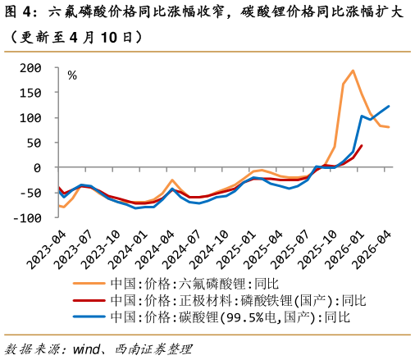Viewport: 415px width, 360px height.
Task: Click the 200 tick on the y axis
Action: [x=29, y=68]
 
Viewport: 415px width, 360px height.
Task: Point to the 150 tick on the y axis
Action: [x=29, y=93]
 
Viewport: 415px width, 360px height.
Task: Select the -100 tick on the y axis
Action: [x=25, y=218]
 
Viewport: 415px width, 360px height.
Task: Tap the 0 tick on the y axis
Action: [x=37, y=168]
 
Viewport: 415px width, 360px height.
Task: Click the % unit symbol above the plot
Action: [x=72, y=75]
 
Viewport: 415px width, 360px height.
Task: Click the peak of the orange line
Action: [x=353, y=71]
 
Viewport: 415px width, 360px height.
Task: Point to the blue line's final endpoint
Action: [x=389, y=106]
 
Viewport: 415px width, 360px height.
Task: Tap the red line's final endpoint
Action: [x=362, y=146]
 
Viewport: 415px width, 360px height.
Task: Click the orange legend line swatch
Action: [x=90, y=283]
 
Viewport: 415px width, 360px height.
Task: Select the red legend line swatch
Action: [x=90, y=300]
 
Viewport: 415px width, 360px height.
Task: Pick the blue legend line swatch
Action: [x=90, y=317]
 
